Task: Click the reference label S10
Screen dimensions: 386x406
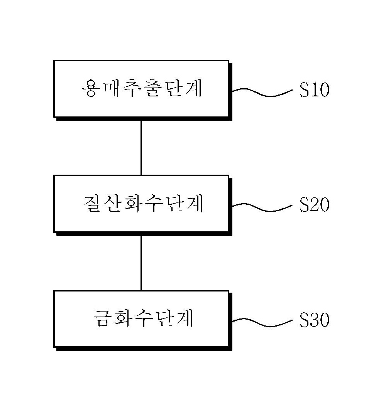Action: pos(314,90)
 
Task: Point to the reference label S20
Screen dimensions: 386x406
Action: pos(314,205)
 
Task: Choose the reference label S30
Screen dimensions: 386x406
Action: pos(314,320)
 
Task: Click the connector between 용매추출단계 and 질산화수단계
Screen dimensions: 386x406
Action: pos(141,148)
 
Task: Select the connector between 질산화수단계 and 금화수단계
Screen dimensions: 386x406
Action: pos(141,263)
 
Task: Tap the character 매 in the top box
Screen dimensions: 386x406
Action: pos(112,88)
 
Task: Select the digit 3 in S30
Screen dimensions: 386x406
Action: pos(314,320)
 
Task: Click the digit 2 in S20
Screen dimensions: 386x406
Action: pos(314,205)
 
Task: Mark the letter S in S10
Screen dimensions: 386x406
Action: pos(304,90)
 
